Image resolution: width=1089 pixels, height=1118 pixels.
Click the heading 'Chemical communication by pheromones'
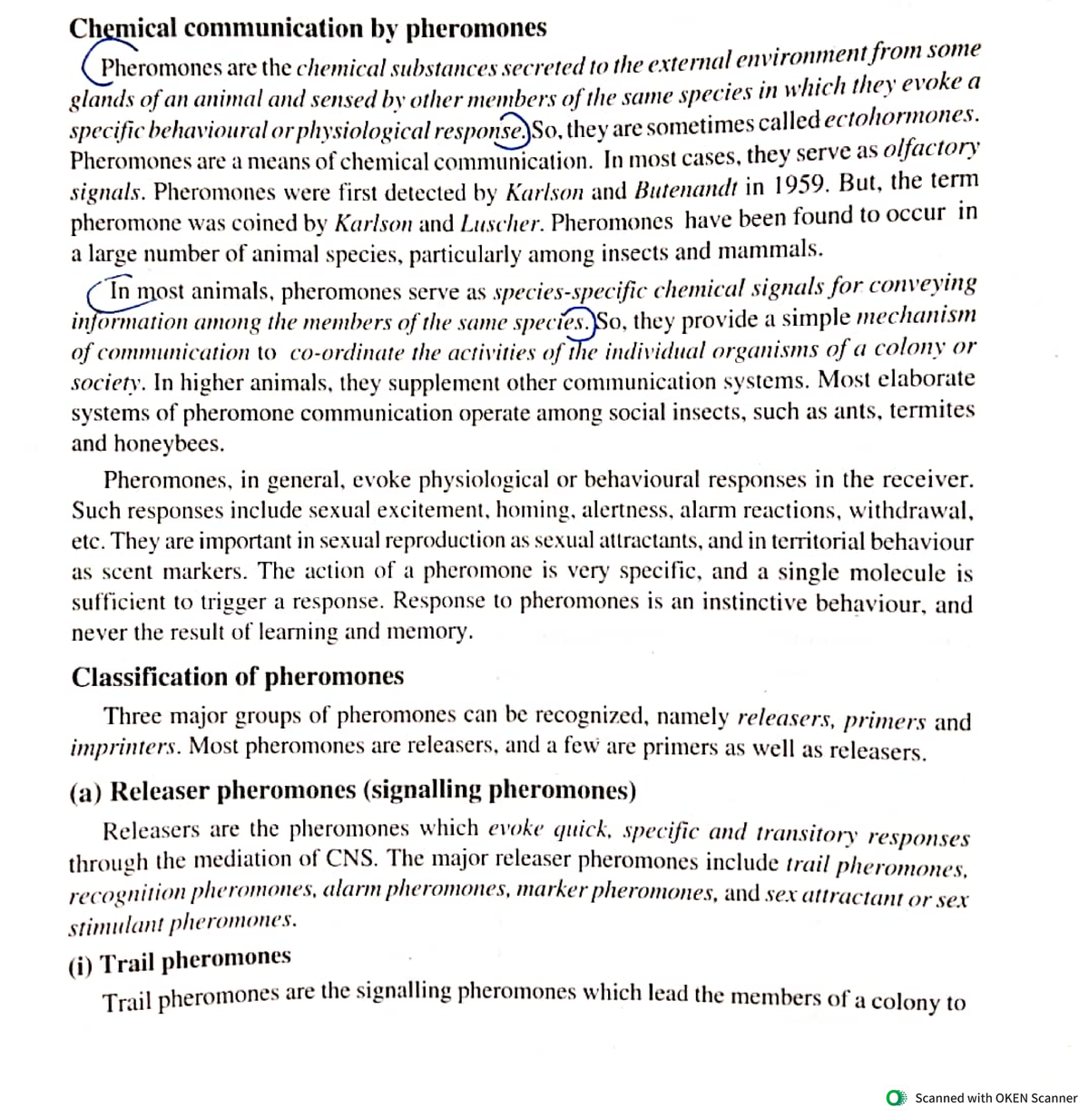308,28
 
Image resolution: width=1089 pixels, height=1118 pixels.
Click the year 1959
800,186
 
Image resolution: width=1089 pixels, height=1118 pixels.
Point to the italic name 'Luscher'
502,222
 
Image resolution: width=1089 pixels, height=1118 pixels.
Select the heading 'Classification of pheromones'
238,677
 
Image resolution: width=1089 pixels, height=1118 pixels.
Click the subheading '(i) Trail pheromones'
180,961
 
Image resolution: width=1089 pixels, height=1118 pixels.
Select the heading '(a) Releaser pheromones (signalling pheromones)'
353,790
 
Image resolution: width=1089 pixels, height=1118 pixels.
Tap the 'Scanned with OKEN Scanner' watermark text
996,1098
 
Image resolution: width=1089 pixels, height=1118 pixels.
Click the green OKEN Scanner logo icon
896,1098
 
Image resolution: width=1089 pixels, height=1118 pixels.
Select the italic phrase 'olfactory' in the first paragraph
931,148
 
